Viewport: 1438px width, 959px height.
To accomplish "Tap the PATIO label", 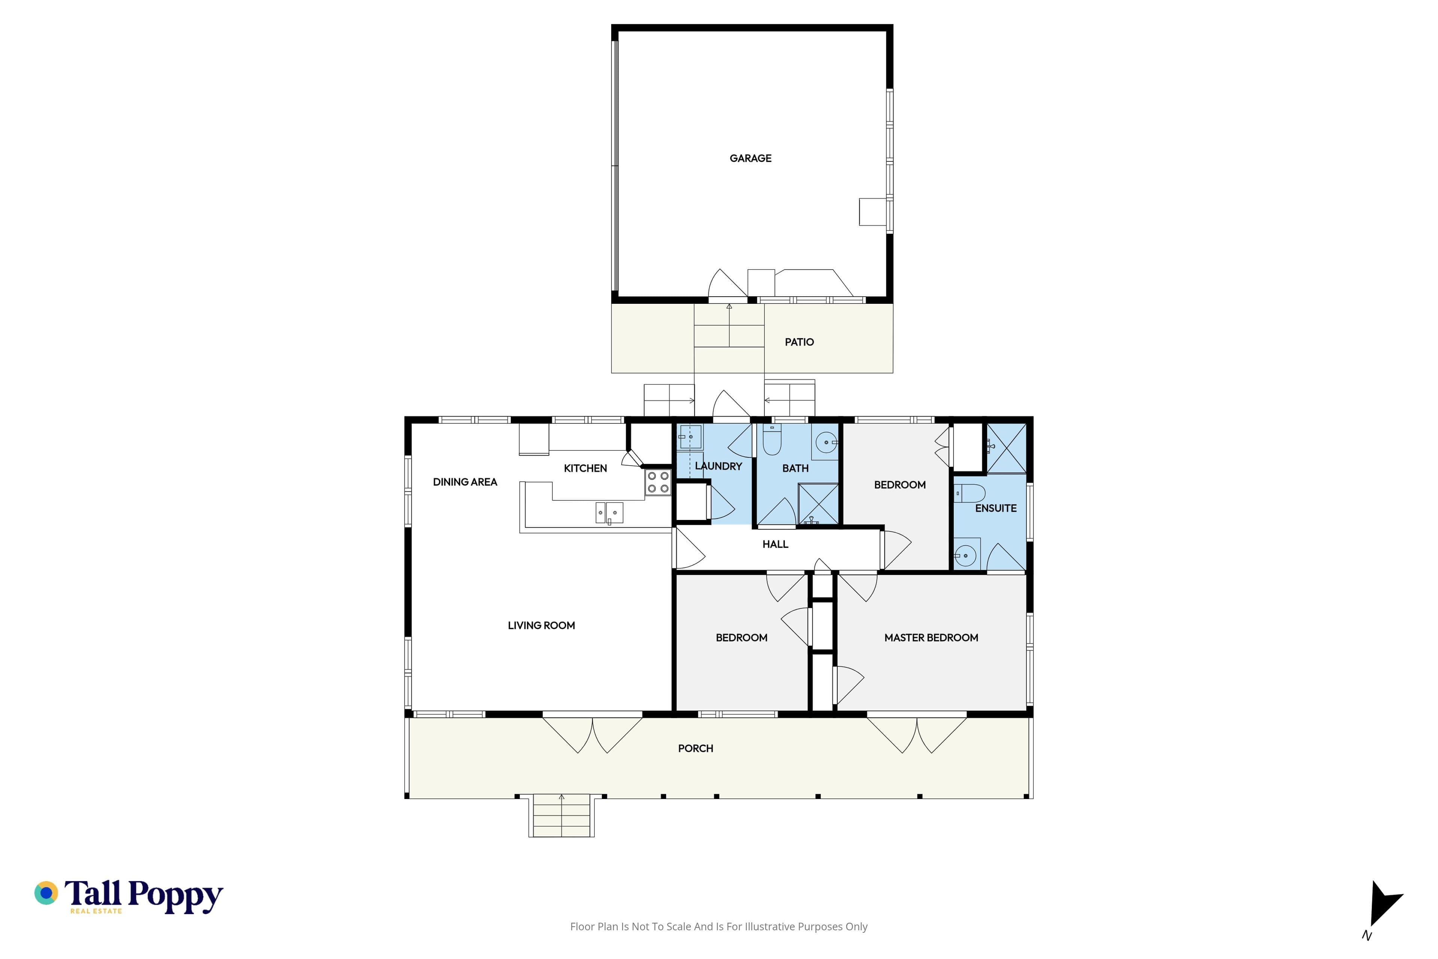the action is point(799,342).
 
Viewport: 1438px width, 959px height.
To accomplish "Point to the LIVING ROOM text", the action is point(541,625).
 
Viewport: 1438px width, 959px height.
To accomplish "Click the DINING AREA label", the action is point(465,482).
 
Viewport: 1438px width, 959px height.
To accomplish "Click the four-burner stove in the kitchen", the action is point(658,482).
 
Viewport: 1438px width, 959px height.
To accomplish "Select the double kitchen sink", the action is point(610,512).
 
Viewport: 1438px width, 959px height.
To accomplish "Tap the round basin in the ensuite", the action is point(965,555).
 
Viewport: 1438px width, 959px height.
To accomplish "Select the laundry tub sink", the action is point(690,437).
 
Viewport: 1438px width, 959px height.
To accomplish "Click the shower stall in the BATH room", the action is point(818,504).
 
